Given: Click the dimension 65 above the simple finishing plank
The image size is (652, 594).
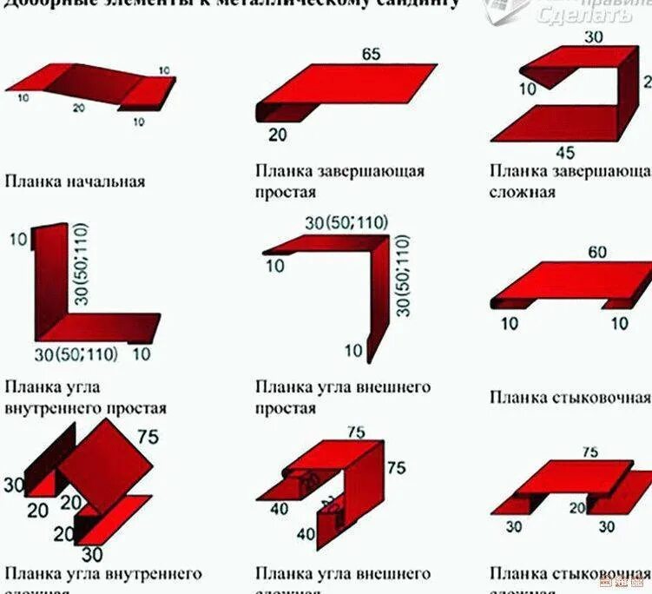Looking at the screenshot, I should click(371, 55).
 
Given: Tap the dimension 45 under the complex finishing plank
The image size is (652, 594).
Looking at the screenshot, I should click(564, 154).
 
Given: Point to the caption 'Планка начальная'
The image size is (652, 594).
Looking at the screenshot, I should click(75, 181).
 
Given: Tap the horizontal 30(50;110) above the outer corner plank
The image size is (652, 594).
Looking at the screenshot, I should click(346, 222).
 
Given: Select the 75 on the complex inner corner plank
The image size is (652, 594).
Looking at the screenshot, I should click(148, 437).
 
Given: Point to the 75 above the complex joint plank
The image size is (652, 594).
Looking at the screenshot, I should click(589, 452).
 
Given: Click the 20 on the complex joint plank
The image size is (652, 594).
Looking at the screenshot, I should click(576, 508).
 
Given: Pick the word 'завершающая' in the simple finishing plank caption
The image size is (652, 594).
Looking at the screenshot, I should click(374, 171).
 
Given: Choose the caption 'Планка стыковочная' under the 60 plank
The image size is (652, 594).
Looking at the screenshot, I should click(570, 398).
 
